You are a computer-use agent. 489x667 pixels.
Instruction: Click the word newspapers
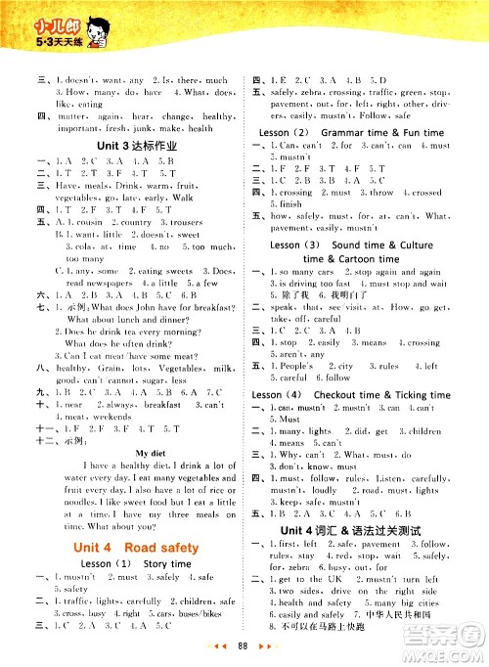point(92,283)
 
